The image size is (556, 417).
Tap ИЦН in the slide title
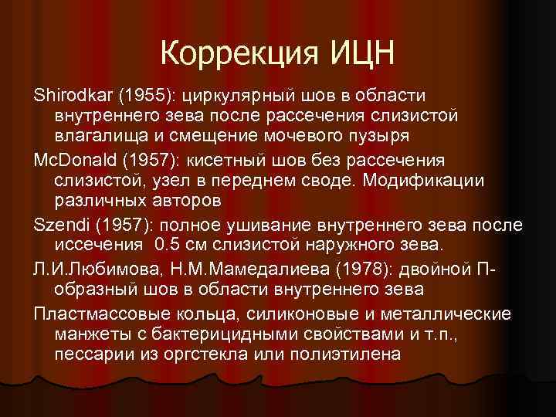pyautogui.click(x=361, y=53)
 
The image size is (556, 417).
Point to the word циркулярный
pyautogui.click(x=239, y=94)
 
